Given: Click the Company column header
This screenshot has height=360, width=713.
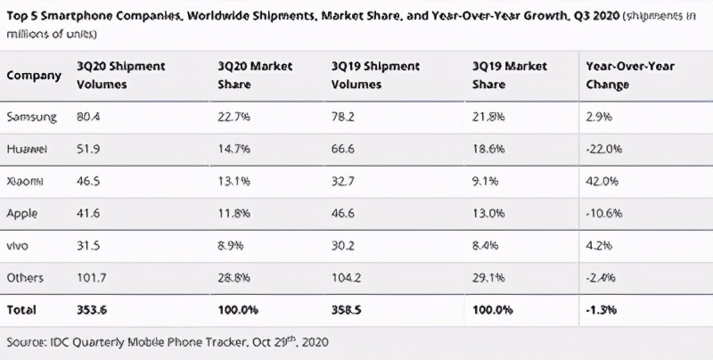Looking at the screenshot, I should [x=34, y=76].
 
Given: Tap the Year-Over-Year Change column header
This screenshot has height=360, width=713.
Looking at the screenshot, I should [x=628, y=76].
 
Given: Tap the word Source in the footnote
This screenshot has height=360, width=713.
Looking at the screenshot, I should [x=25, y=342].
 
